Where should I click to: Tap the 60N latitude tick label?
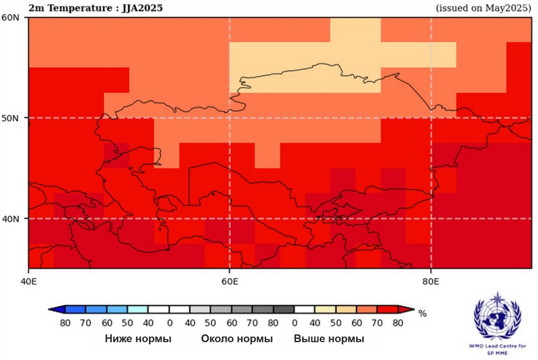click(12, 17)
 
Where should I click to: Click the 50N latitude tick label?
click(12, 118)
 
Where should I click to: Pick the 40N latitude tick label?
click(12, 218)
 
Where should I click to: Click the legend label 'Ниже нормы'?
click(138, 339)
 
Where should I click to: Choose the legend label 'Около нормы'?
click(237, 339)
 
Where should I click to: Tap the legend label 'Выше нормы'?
click(329, 339)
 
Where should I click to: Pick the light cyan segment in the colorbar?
click(138, 309)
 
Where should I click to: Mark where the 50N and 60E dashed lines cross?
click(230, 118)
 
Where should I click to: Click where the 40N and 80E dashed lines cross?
click(431, 218)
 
